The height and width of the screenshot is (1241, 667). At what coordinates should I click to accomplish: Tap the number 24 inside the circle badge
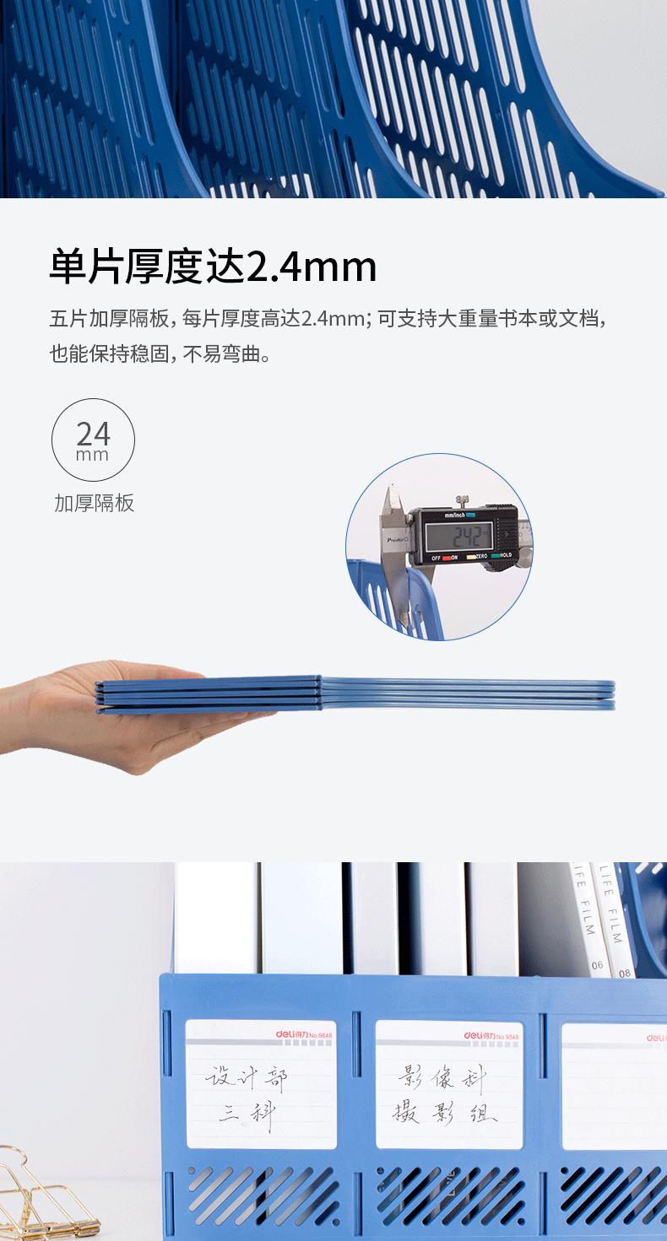pyautogui.click(x=93, y=434)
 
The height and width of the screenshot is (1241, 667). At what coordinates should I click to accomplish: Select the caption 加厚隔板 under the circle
pyautogui.click(x=94, y=504)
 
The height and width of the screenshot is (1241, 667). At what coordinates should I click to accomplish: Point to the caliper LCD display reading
pyautogui.click(x=458, y=536)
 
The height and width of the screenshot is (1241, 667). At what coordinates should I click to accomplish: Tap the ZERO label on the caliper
pyautogui.click(x=481, y=557)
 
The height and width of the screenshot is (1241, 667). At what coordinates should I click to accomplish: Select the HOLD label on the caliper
pyautogui.click(x=503, y=557)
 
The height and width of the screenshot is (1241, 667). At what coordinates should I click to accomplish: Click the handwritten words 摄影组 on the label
pyautogui.click(x=442, y=1114)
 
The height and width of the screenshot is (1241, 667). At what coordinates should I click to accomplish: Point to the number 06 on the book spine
pyautogui.click(x=598, y=964)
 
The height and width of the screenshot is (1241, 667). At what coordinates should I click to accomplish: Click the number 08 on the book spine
pyautogui.click(x=624, y=972)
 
